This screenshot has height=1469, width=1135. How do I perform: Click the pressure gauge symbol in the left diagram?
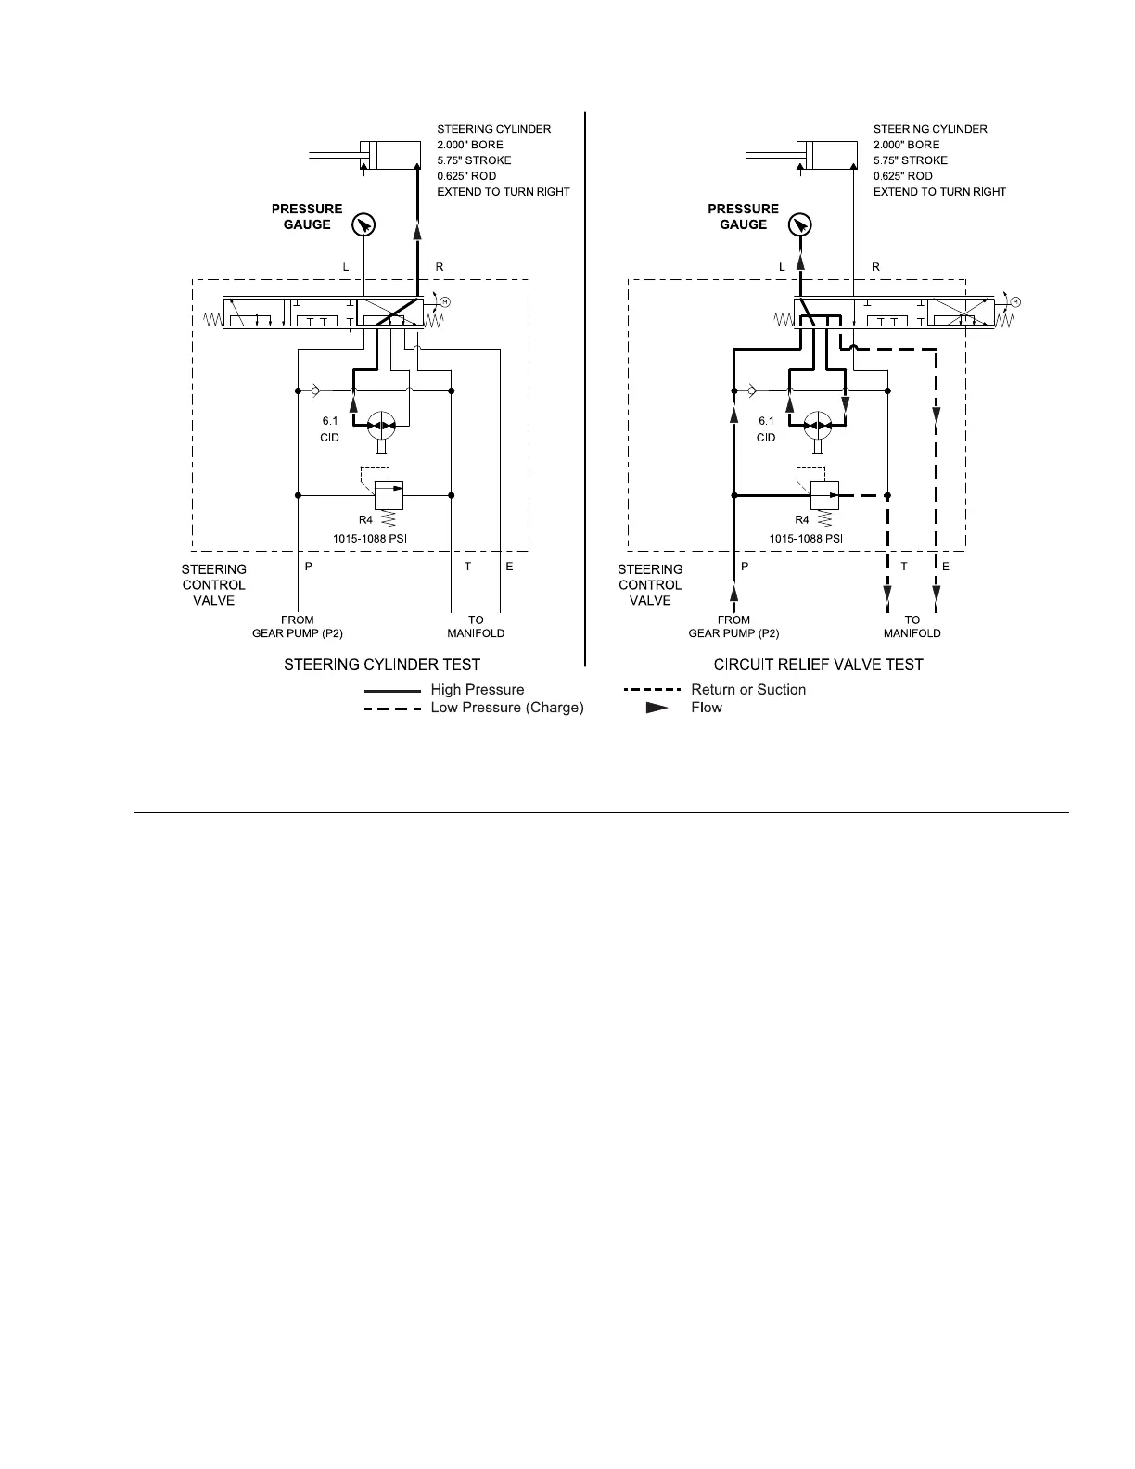pos(363,224)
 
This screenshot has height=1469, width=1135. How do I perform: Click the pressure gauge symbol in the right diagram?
pos(800,224)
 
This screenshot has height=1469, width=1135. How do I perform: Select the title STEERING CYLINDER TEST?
pos(382,664)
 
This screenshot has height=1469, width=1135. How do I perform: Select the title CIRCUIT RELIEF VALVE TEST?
pos(818,664)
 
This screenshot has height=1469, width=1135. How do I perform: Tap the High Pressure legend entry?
pos(477,690)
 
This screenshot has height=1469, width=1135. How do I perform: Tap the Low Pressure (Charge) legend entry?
pos(506,708)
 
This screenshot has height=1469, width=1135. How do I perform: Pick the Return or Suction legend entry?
pos(747,690)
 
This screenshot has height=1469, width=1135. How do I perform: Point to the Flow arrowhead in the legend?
pos(657,708)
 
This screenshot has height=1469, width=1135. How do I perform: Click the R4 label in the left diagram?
pos(365,520)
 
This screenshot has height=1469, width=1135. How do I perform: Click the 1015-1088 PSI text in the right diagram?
pos(805,538)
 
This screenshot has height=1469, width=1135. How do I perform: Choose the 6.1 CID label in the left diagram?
pos(330,429)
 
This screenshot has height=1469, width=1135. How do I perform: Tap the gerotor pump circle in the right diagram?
pos(818,426)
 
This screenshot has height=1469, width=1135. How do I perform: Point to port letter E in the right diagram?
pos(946,567)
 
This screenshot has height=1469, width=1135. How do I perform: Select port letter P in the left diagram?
pos(309,567)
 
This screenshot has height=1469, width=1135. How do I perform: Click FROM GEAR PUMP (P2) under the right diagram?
pos(733,627)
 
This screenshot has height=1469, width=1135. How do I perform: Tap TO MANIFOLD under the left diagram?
pos(476,627)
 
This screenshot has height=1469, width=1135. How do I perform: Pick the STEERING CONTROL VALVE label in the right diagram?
pos(650,585)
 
